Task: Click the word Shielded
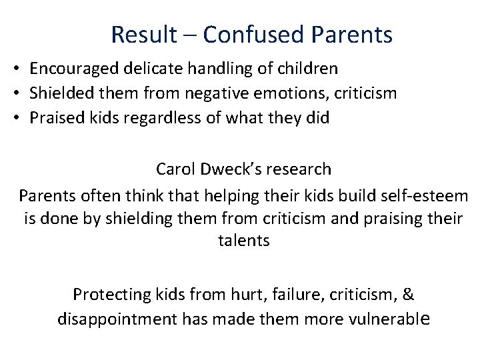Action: [x=61, y=93]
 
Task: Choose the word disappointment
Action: [x=117, y=319]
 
